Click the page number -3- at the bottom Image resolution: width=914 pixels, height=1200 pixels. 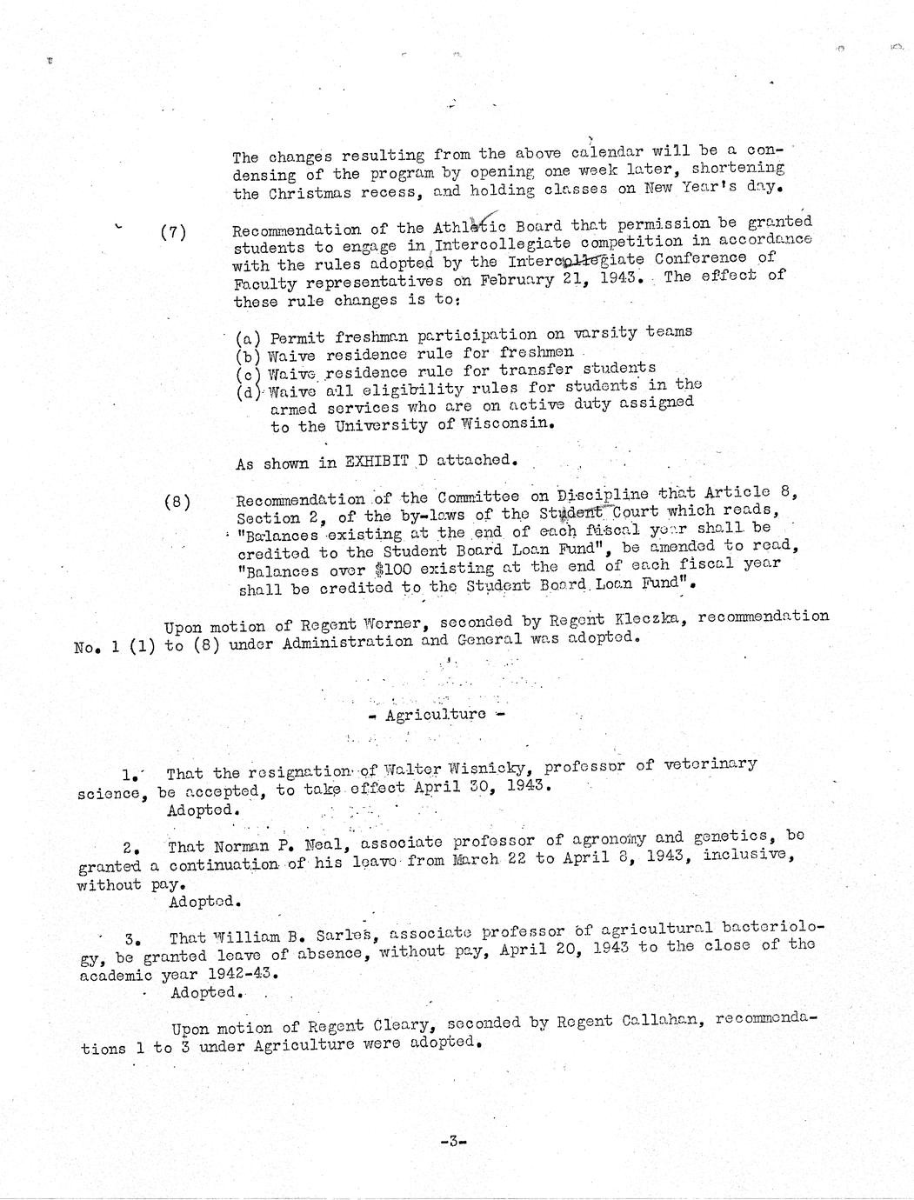[454, 1141]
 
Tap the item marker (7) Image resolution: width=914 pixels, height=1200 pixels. [174, 232]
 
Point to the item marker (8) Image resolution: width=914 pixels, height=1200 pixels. [177, 502]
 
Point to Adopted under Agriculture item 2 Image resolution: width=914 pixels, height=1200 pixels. [204, 902]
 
